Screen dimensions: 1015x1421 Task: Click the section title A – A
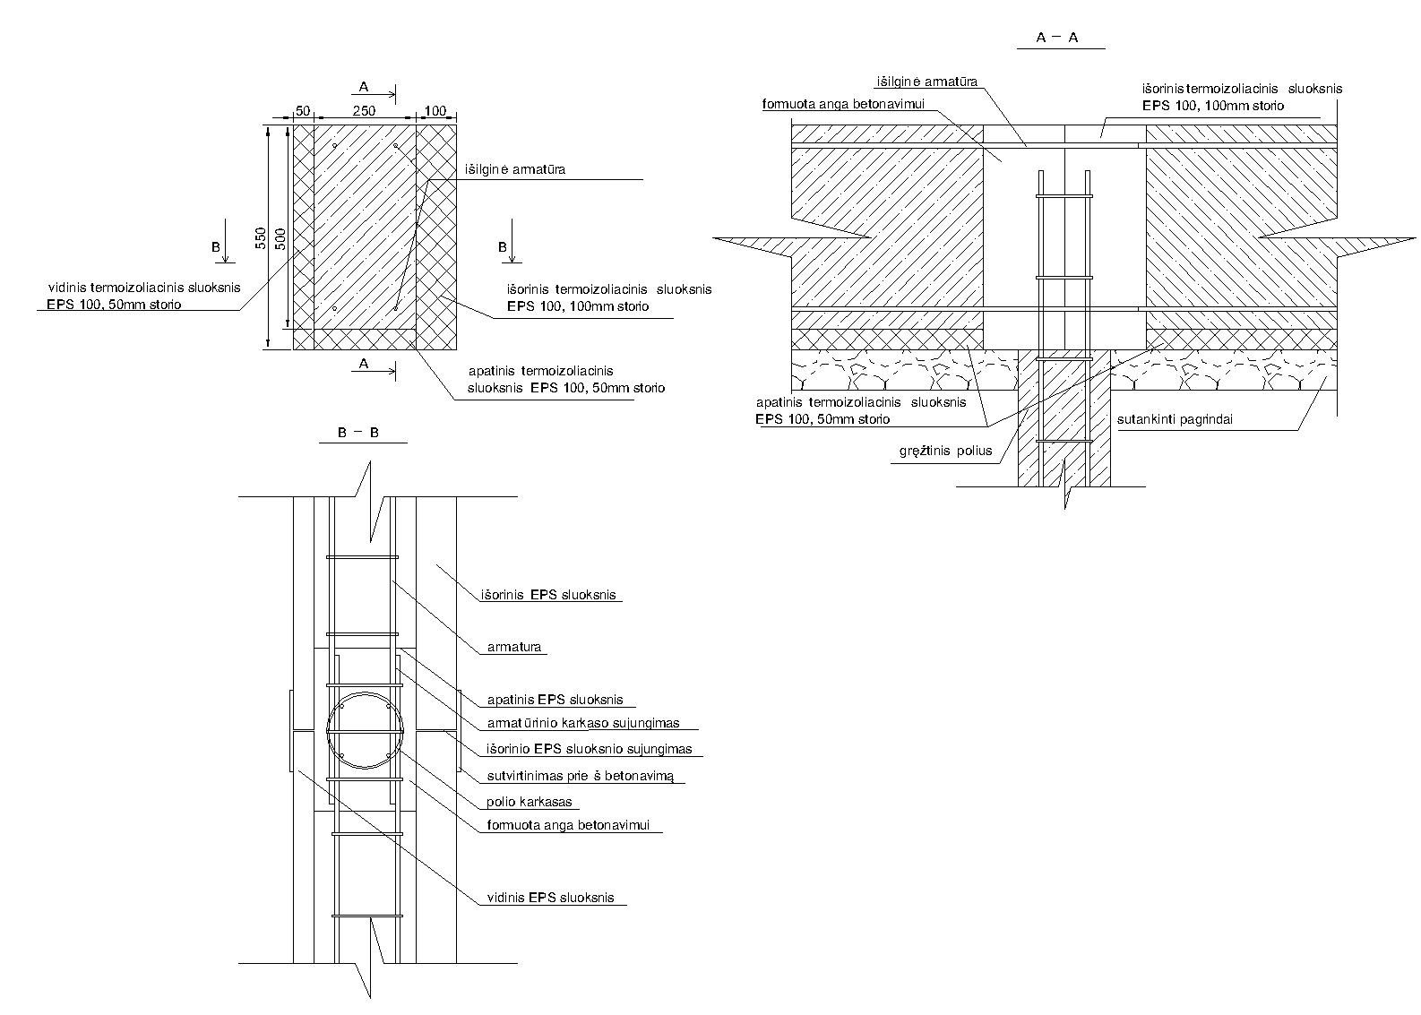(x=1057, y=38)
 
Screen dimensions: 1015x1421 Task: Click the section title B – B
(x=358, y=433)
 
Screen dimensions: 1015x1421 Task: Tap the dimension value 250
(x=364, y=111)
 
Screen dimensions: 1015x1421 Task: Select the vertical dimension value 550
(x=260, y=237)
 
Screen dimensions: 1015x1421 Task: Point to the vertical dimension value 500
(x=280, y=238)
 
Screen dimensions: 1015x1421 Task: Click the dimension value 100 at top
(x=435, y=111)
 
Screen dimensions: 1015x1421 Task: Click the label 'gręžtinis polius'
(x=945, y=451)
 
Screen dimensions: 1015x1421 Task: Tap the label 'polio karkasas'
(x=529, y=802)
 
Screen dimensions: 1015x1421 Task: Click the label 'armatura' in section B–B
(x=514, y=647)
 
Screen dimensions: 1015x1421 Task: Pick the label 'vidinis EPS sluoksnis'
(x=550, y=897)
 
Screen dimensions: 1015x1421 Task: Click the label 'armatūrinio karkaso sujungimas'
(x=583, y=723)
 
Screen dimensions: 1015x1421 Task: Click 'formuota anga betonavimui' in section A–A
(x=843, y=104)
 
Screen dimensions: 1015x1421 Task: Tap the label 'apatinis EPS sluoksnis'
(x=555, y=700)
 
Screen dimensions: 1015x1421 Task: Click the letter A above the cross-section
(x=364, y=87)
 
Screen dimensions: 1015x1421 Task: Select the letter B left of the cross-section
(x=216, y=246)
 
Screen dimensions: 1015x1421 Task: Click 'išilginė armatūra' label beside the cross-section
(x=515, y=169)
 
